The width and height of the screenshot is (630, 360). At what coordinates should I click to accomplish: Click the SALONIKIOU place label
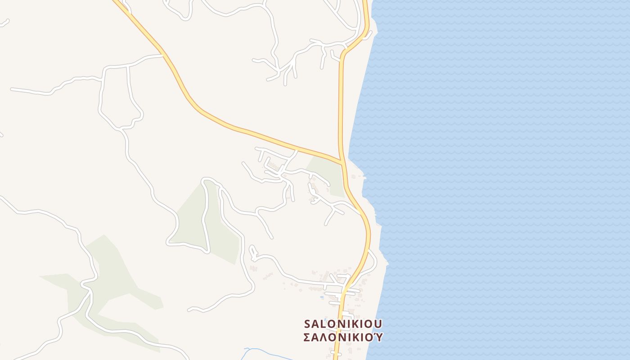click(x=343, y=324)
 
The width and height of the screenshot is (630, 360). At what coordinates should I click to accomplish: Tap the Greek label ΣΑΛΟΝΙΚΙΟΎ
click(x=343, y=337)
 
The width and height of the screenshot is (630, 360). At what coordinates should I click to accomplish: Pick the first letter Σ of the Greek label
click(x=308, y=337)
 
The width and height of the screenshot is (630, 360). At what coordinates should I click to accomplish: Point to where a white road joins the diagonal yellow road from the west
click(x=163, y=55)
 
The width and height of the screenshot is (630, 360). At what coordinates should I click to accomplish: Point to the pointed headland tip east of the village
click(x=387, y=261)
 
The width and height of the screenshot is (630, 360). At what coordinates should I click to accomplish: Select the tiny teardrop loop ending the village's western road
click(x=252, y=250)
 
